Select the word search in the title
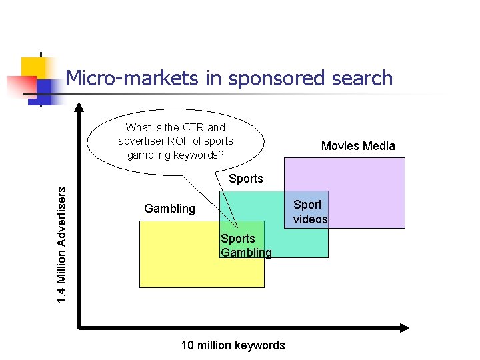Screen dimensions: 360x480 click(x=366, y=79)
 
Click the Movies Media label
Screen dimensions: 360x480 click(x=358, y=146)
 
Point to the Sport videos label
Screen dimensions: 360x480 click(x=310, y=212)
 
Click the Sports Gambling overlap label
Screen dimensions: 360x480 click(x=246, y=245)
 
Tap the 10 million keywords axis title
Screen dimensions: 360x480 click(x=233, y=345)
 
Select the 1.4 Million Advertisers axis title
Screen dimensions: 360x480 click(x=61, y=245)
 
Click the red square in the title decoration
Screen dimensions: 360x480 click(x=20, y=86)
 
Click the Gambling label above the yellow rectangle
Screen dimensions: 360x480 click(x=169, y=209)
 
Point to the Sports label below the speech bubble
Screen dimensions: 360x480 click(x=245, y=179)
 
